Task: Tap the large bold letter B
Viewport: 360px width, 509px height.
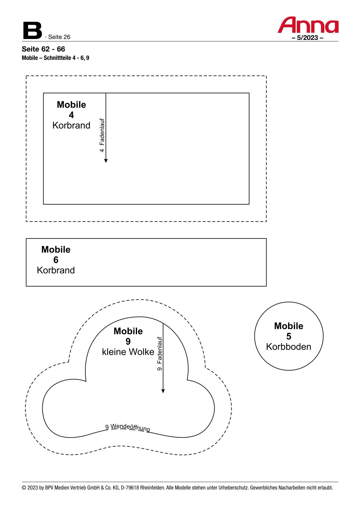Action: pos(32,31)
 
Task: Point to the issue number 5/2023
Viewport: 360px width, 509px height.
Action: pos(307,38)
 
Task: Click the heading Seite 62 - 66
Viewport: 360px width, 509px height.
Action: pos(43,49)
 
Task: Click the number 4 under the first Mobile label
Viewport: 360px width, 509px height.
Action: pos(71,115)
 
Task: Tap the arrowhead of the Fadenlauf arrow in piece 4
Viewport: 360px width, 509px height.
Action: pos(106,161)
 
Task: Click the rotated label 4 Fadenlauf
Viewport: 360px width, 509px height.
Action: pos(102,135)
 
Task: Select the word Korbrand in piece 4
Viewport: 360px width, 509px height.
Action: pos(71,126)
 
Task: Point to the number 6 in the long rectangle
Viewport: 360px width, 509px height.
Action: pos(56,260)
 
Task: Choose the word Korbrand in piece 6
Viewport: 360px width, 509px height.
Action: pos(56,270)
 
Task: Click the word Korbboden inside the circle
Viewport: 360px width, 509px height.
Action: pos(289,347)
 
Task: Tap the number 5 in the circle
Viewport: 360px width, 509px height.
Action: pos(289,336)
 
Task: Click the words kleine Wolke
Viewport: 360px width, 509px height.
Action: pos(128,352)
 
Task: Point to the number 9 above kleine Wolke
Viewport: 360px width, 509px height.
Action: pos(128,341)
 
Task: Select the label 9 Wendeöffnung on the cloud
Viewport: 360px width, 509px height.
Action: pos(128,427)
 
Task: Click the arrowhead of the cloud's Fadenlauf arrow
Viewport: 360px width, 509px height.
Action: pos(163,391)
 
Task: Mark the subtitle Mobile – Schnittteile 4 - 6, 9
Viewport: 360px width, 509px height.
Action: pos(55,58)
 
